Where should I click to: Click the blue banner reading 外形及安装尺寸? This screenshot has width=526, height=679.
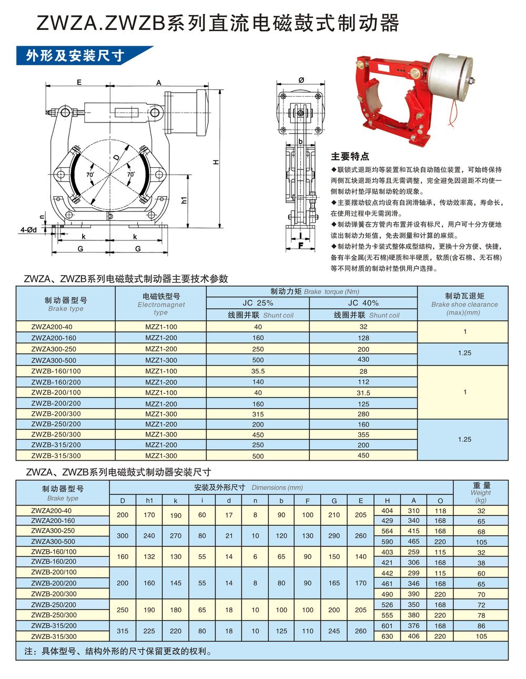tap(79, 55)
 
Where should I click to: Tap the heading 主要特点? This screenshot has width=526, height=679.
tap(350, 156)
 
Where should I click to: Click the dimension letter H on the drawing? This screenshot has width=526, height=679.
tap(216, 162)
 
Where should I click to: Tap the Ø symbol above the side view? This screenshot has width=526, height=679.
tap(301, 80)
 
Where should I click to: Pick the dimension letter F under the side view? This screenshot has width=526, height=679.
tap(300, 245)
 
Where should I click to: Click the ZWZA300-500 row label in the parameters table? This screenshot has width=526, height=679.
tap(53, 360)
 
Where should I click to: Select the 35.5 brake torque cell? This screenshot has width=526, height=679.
tap(258, 371)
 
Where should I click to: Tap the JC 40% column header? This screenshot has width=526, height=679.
tap(363, 303)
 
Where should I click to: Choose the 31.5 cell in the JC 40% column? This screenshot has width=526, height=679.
tap(363, 393)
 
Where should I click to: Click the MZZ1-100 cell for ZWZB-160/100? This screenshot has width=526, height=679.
tap(161, 371)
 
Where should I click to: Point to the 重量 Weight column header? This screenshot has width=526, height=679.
tap(481, 492)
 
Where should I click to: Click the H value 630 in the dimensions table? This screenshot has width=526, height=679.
tap(387, 636)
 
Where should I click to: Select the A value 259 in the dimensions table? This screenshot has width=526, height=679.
tap(413, 552)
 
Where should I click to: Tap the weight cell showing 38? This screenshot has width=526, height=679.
tap(481, 563)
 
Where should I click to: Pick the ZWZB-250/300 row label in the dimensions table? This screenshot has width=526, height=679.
tap(54, 615)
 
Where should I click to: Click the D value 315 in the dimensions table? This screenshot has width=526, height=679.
tap(123, 631)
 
